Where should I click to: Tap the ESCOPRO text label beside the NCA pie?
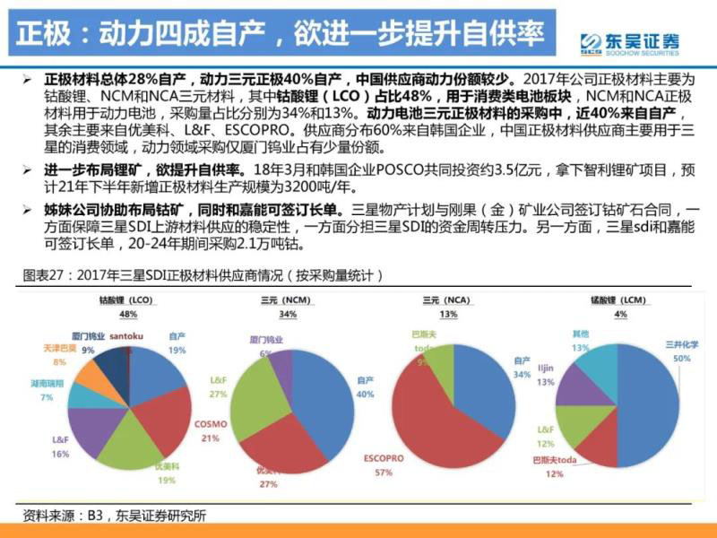pos(383,456)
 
